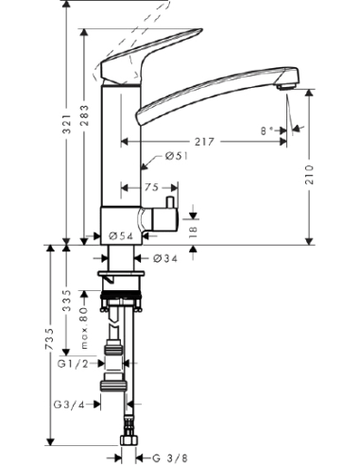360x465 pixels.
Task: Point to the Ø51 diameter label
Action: (x=177, y=157)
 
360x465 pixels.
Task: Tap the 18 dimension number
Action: (x=194, y=230)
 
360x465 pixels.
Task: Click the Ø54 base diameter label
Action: (x=120, y=235)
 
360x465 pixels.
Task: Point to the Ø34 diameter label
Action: (x=166, y=258)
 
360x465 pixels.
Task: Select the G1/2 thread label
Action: (x=74, y=363)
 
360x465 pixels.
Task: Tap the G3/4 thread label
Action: (x=74, y=404)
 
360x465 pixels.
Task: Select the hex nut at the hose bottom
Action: (x=128, y=442)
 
